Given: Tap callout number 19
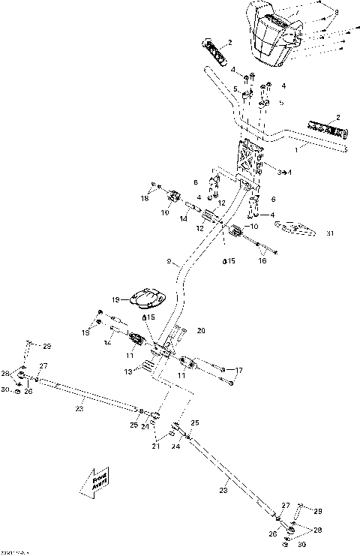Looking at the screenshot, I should (116, 299).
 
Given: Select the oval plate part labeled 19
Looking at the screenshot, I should (147, 298).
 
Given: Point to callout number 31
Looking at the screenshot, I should (330, 233).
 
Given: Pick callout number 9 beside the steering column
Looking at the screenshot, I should (169, 263).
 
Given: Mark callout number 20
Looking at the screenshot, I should (200, 330).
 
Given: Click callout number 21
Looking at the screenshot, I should (155, 446).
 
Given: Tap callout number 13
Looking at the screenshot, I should (127, 371).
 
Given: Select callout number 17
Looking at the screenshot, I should (239, 370).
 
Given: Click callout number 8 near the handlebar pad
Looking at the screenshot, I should (337, 13).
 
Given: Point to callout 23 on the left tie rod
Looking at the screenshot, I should (79, 408).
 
